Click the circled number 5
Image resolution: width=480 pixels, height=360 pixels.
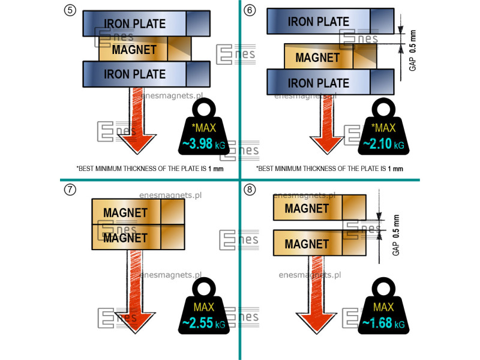(70, 10)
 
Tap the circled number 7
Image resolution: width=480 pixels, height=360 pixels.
(70, 190)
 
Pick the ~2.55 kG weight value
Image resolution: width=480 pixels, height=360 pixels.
(203, 324)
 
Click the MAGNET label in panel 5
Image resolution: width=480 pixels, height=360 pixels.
(134, 49)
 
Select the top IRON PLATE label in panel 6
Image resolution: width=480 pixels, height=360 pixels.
(319, 22)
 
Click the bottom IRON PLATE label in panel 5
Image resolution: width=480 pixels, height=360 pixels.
(135, 74)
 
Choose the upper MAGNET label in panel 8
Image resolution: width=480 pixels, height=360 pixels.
(307, 208)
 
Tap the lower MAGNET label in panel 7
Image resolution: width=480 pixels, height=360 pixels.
(125, 238)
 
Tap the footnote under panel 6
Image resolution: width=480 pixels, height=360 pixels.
(329, 169)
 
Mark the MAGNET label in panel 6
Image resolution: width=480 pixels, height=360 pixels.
(317, 58)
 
